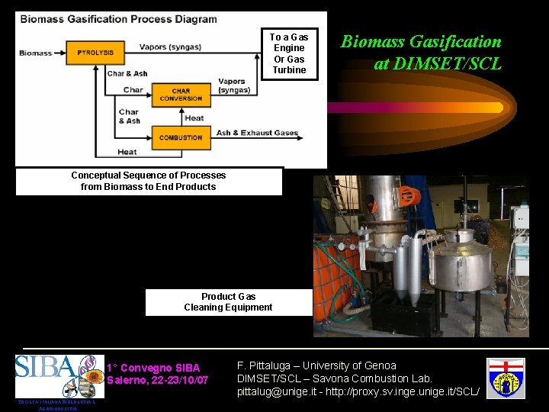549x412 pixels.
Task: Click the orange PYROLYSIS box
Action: tap(95, 53)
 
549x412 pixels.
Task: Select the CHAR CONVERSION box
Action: tap(181, 95)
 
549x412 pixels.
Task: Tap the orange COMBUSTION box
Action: tap(181, 138)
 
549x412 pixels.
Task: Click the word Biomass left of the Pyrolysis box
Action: tap(36, 53)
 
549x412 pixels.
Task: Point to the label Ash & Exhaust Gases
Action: tap(257, 133)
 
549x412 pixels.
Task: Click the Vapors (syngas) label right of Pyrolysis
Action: tap(170, 47)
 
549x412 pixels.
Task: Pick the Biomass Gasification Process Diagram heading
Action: tap(118, 20)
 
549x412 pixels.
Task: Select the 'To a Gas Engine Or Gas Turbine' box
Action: tap(289, 53)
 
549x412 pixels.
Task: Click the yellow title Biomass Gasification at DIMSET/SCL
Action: tap(421, 52)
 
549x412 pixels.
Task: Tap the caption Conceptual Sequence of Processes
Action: tap(149, 175)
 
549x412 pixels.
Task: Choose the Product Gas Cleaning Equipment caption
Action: tap(228, 302)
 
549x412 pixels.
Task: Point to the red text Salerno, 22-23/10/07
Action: tap(157, 380)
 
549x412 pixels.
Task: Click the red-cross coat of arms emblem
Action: tap(506, 376)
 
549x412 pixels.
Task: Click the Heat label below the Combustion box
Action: tap(127, 153)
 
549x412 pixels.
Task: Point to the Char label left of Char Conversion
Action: tap(133, 90)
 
